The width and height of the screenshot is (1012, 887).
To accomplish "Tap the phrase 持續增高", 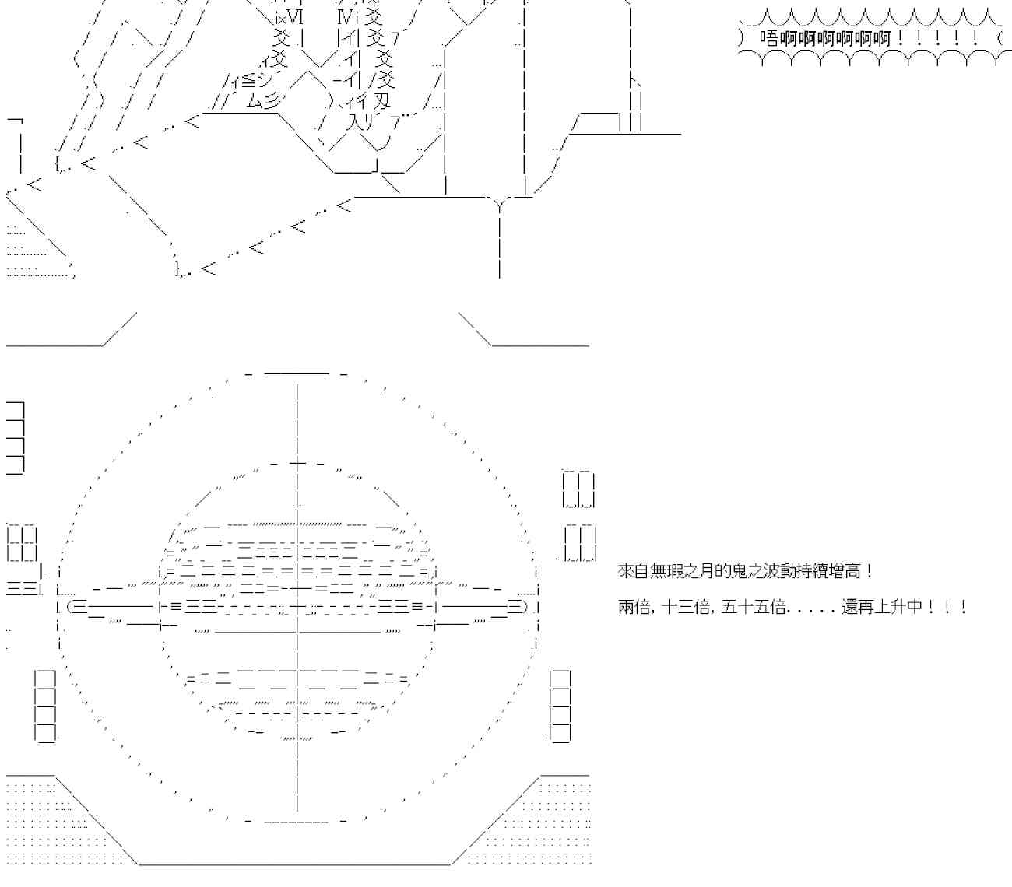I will [x=817, y=572].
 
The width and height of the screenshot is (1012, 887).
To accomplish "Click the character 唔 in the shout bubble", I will [x=768, y=38].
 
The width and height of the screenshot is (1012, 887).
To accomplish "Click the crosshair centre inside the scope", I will [x=297, y=607].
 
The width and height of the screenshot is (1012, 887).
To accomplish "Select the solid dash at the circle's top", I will [x=297, y=373].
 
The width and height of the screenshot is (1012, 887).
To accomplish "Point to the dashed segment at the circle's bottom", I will [x=297, y=821].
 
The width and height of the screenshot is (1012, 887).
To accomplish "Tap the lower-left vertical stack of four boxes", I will [x=45, y=706].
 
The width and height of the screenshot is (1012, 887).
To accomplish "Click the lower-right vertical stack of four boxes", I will [x=560, y=706].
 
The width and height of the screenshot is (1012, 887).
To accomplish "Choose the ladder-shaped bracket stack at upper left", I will [x=16, y=438].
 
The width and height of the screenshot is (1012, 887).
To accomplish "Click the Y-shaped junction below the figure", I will [x=499, y=204].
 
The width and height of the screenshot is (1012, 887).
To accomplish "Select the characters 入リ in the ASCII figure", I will [x=363, y=121].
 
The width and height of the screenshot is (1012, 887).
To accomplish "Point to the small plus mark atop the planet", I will [x=297, y=464].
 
